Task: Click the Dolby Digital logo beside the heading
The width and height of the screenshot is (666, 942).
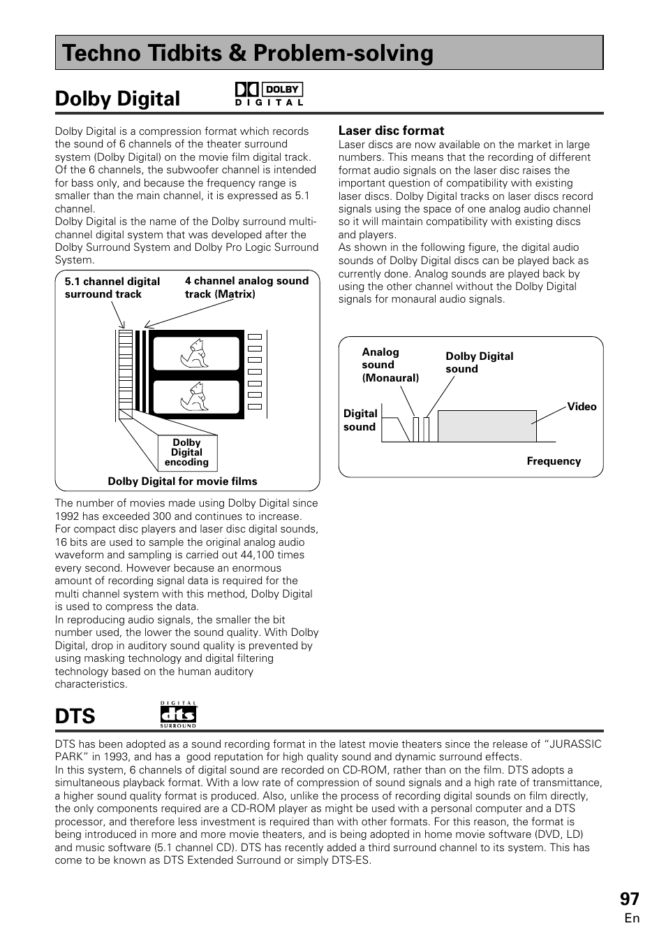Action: point(269,94)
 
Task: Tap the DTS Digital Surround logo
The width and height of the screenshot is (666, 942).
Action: point(178,715)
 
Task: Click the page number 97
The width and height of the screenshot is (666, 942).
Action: point(629,899)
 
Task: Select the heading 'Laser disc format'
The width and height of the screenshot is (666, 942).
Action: point(391,131)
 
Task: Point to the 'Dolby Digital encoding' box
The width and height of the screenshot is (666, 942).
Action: point(186,453)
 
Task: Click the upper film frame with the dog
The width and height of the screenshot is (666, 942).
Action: point(196,354)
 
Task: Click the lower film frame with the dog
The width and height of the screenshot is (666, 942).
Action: point(196,396)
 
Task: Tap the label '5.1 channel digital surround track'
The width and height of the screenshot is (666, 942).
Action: point(112,288)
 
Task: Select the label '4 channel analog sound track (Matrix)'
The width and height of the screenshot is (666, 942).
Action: point(246,287)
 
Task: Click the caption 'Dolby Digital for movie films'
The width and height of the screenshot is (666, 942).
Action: point(182,481)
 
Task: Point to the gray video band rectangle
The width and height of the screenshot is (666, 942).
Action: point(487,426)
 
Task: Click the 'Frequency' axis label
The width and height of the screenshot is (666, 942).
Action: point(554,461)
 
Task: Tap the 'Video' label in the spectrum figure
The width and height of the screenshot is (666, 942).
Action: point(582,407)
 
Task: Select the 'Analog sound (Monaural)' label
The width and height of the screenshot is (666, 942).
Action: point(389,365)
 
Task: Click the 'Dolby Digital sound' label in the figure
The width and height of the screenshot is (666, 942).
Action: point(479,363)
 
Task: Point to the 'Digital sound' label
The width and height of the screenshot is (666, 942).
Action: point(360,420)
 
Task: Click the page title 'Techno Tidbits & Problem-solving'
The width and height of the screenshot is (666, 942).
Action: point(248,53)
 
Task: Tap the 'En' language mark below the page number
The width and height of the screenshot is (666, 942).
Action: point(632,918)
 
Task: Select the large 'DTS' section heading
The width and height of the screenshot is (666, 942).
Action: point(75,716)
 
